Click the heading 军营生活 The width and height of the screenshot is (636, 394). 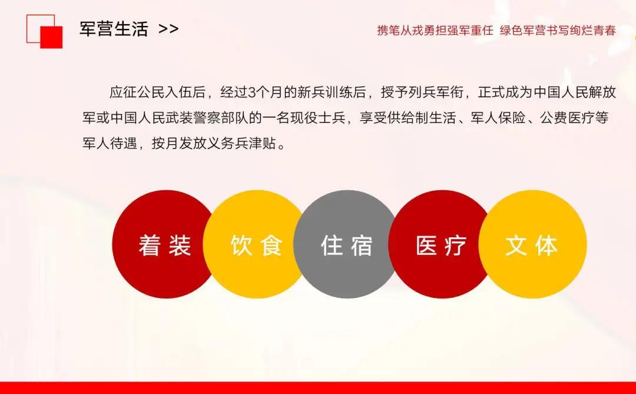pos(114,29)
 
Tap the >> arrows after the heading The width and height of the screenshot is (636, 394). pos(169,29)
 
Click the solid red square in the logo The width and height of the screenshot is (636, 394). pos(51,37)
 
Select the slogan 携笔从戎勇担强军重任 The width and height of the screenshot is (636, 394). pos(435,31)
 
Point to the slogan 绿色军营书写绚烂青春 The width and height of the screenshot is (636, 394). pos(558,31)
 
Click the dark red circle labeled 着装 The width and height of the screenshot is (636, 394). pos(165,244)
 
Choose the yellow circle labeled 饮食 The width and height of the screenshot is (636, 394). pos(256,244)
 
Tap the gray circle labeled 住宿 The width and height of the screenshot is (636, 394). pos(346,244)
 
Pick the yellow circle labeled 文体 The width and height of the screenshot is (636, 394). pos(532,244)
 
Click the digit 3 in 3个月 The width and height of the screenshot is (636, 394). pos(251,93)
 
